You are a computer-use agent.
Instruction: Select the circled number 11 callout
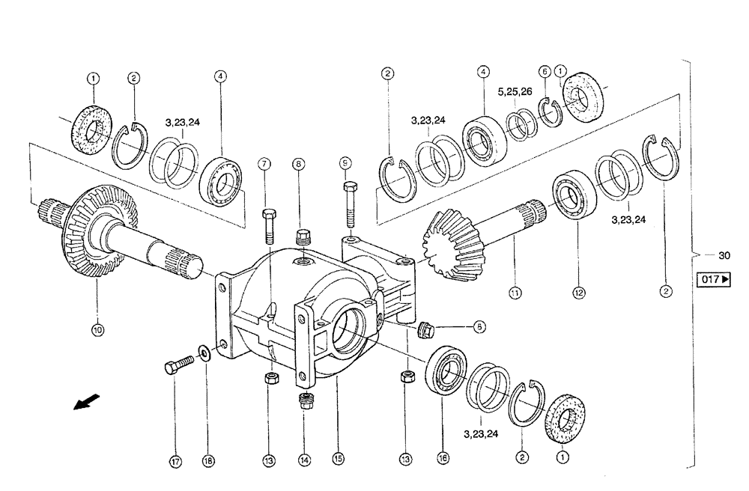pyautogui.click(x=515, y=294)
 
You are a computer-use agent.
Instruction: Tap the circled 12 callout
pyautogui.click(x=578, y=294)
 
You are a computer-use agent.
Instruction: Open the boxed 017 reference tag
pyautogui.click(x=712, y=279)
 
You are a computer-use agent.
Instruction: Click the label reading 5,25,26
pyautogui.click(x=515, y=92)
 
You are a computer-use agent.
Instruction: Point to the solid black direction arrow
pyautogui.click(x=85, y=403)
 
